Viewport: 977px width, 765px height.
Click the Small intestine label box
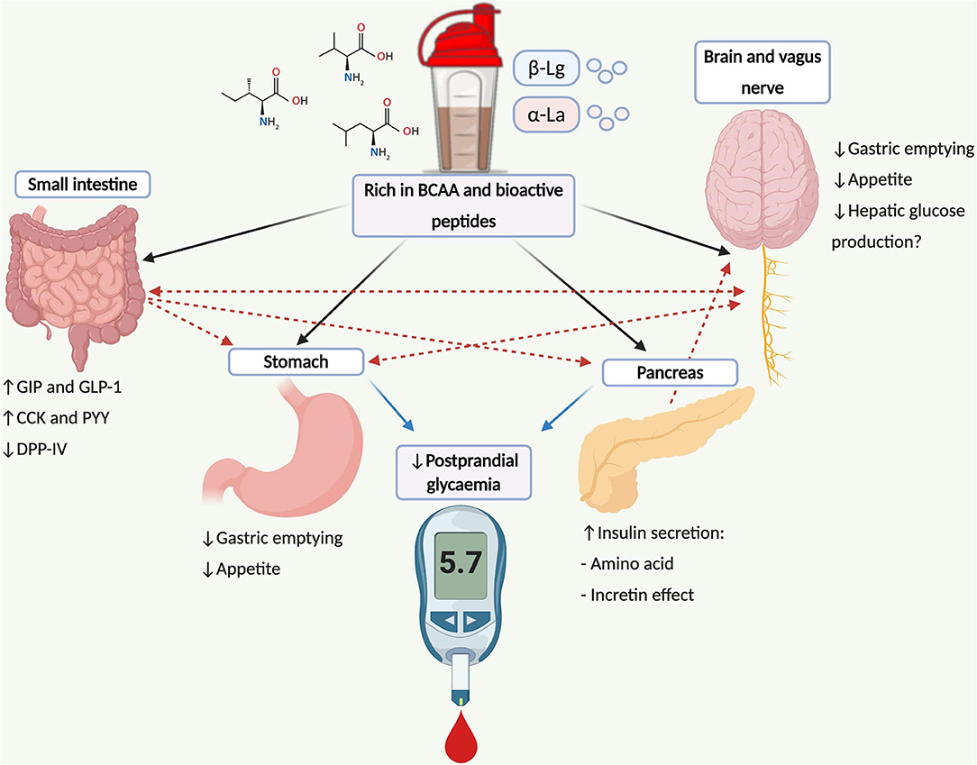pos(81,186)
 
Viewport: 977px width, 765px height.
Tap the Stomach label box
pos(297,362)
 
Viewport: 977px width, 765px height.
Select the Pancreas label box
pos(670,372)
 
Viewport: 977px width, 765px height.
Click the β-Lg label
pos(543,68)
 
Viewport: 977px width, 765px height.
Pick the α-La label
pos(543,114)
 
